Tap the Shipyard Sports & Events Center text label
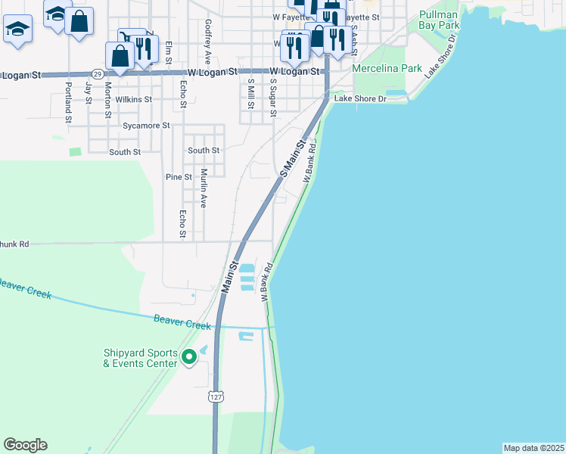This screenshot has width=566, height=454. pyautogui.click(x=141, y=358)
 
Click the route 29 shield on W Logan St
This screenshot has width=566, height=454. pyautogui.click(x=98, y=73)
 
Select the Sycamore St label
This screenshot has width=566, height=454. pyautogui.click(x=146, y=125)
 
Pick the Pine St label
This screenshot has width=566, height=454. pyautogui.click(x=179, y=177)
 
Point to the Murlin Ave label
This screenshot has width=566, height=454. pyautogui.click(x=204, y=188)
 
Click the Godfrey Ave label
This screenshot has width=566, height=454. pyautogui.click(x=207, y=42)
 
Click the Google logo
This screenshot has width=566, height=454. pyautogui.click(x=25, y=445)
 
